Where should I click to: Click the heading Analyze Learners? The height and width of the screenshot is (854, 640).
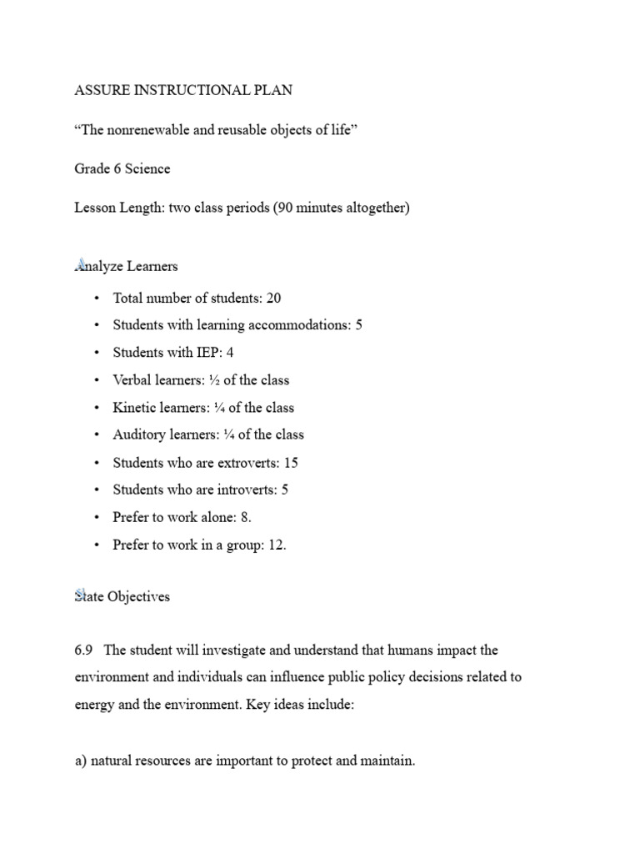click(126, 267)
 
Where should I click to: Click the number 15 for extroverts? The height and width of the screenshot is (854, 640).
click(290, 462)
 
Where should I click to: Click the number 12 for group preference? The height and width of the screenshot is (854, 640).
click(277, 545)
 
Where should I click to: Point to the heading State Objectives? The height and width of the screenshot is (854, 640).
click(122, 596)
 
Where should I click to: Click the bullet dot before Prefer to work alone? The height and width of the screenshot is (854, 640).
click(97, 517)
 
